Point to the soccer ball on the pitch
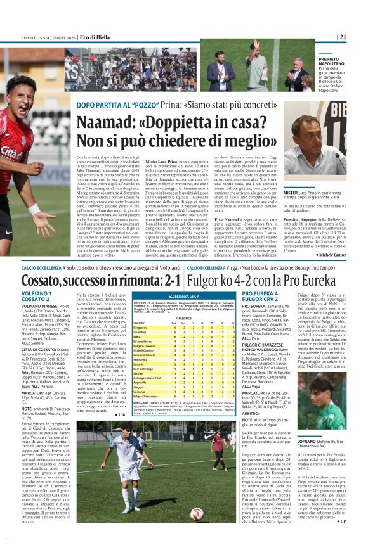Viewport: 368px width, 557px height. click(x=195, y=496)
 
